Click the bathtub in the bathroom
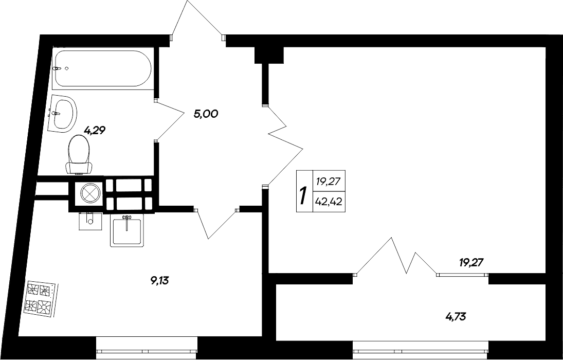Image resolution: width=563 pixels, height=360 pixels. point(103,68)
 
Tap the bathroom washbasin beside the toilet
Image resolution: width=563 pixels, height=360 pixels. point(62,113)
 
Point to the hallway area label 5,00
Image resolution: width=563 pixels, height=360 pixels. point(206,114)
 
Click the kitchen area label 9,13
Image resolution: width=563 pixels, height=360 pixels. point(159,281)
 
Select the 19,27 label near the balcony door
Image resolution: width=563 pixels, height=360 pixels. point(471,263)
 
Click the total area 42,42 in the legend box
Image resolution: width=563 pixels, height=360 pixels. point(330,202)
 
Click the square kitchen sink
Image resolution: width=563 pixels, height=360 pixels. point(126,231)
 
